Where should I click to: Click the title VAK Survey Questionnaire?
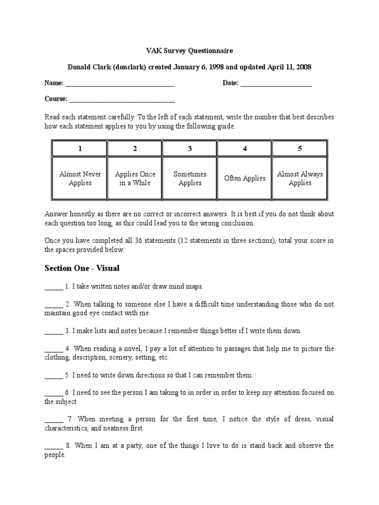189,51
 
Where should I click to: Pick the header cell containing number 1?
80,148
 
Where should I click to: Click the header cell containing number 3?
190,148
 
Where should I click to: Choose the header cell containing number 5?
300,148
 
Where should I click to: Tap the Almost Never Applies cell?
80,179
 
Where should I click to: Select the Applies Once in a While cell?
135,179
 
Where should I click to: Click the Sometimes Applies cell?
190,179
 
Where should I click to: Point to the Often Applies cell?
245,179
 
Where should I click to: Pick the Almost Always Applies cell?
300,179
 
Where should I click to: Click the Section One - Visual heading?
82,268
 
